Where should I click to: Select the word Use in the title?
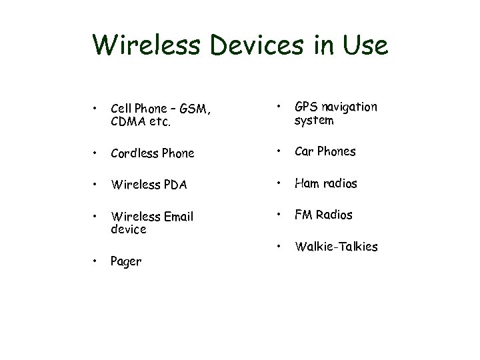pyautogui.click(x=364, y=45)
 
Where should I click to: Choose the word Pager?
pyautogui.click(x=126, y=261)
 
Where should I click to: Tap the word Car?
pyautogui.click(x=305, y=151)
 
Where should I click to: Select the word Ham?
pyautogui.click(x=307, y=183)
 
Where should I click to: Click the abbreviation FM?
pyautogui.click(x=304, y=215)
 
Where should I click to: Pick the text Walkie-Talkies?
pyautogui.click(x=336, y=247)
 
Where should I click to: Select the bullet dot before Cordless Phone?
pyautogui.click(x=97, y=152)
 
